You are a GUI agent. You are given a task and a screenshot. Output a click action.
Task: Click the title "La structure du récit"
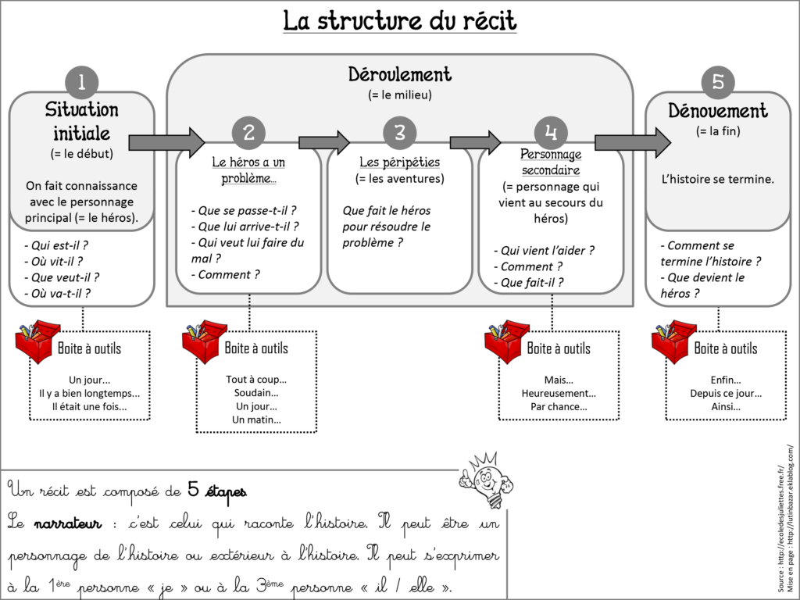click(399, 20)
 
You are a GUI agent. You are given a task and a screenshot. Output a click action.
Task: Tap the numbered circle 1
click(82, 82)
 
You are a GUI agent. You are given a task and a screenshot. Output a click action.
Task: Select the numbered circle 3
click(399, 133)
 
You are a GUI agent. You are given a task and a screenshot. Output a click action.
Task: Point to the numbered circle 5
click(718, 82)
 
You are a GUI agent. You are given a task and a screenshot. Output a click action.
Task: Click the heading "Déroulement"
click(399, 75)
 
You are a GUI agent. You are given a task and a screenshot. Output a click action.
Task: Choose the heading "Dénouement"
click(718, 111)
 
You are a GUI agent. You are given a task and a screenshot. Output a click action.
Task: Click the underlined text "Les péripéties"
click(399, 162)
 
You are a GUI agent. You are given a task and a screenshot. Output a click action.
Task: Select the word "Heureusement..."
click(559, 393)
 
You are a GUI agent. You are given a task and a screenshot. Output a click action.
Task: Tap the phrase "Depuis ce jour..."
click(725, 393)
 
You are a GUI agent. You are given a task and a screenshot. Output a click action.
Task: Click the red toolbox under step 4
click(506, 341)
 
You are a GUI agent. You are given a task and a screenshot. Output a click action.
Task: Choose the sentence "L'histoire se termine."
click(718, 179)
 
